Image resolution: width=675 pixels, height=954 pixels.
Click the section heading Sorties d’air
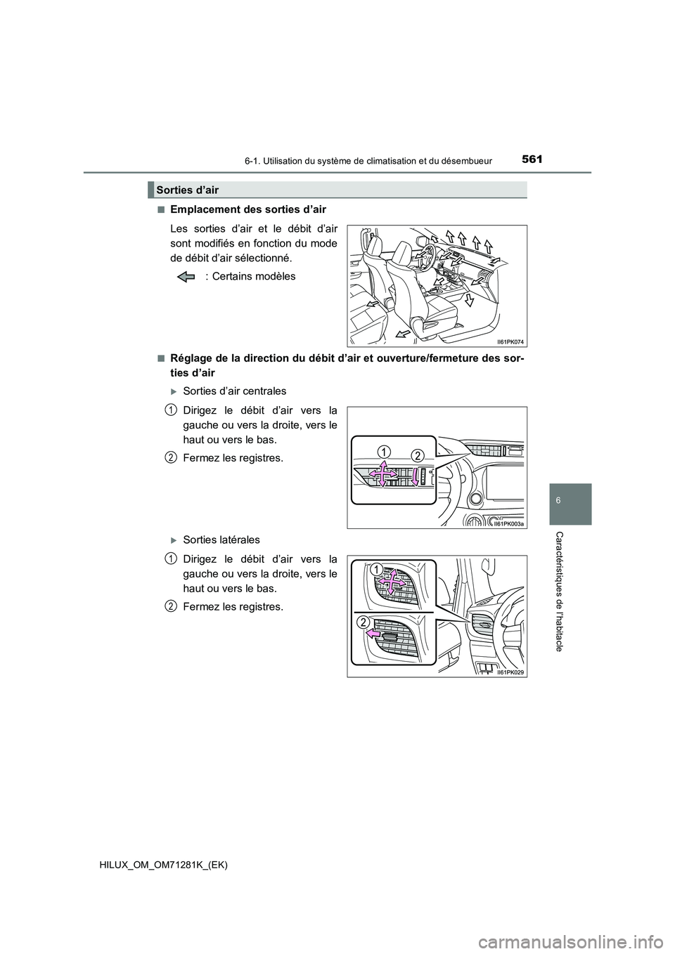point(188,190)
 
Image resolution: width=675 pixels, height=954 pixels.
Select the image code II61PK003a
point(510,523)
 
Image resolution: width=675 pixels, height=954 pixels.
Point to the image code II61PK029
point(510,672)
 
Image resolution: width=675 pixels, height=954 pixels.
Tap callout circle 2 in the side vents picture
point(363,621)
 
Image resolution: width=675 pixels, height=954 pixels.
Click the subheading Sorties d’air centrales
point(234,391)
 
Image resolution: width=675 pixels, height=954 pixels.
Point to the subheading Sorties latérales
point(221,540)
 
